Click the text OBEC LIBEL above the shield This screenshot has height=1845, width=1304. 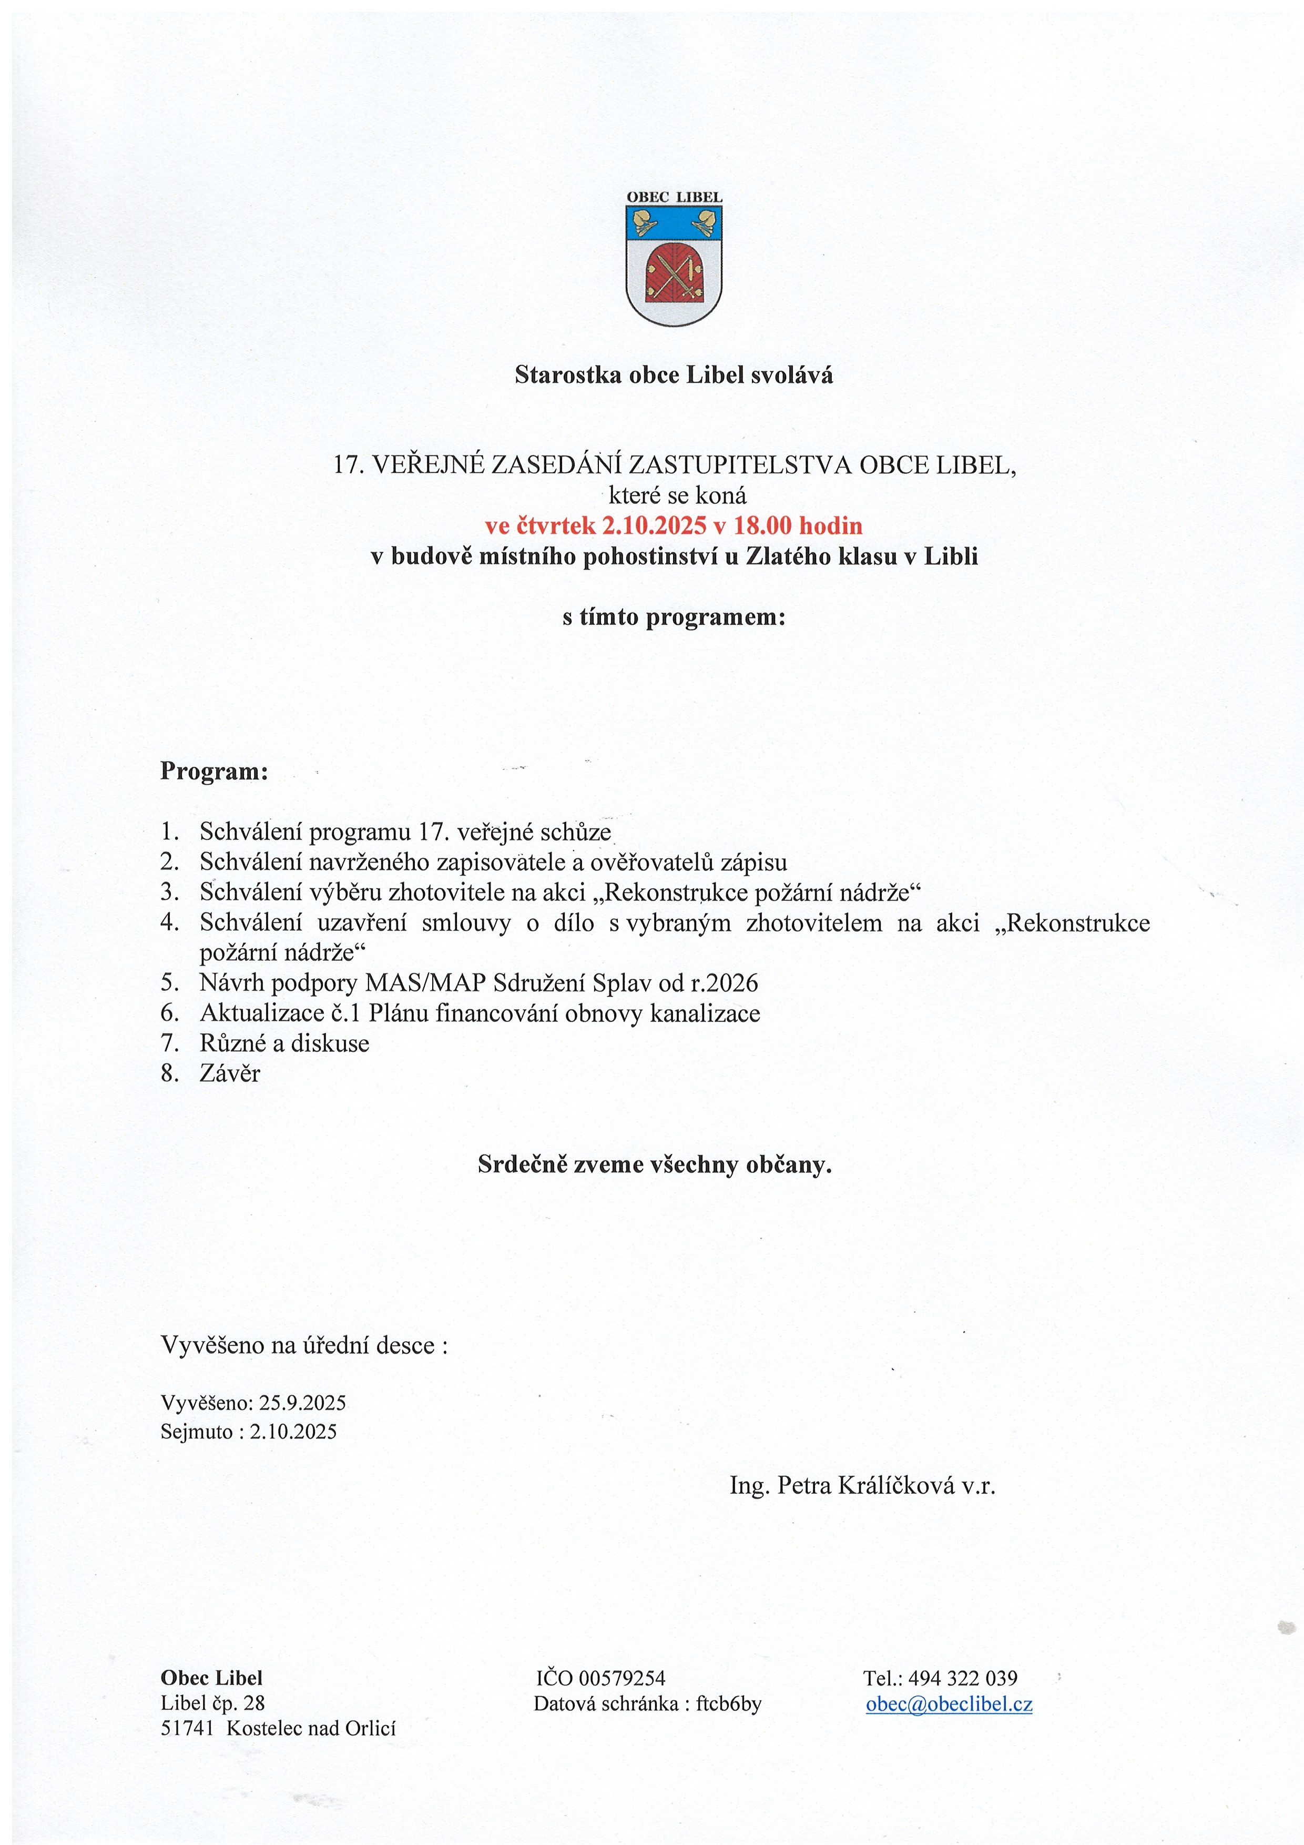[x=674, y=197]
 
